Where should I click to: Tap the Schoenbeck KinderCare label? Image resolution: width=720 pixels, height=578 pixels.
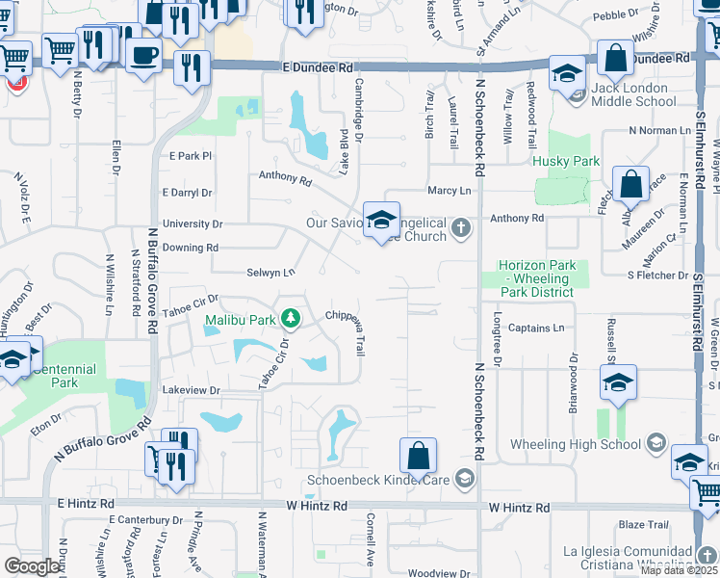click(x=378, y=479)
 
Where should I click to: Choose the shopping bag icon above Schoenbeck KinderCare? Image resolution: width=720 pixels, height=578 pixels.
click(x=418, y=456)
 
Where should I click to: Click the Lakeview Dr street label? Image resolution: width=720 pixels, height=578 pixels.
click(x=192, y=390)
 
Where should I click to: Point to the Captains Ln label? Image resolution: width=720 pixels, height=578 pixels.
click(x=543, y=328)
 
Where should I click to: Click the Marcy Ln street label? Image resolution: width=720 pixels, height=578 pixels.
click(x=449, y=191)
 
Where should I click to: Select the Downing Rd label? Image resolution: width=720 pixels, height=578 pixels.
click(x=190, y=248)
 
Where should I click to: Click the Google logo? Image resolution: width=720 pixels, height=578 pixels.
click(x=31, y=566)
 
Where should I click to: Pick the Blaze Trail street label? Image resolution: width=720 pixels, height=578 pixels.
click(x=643, y=525)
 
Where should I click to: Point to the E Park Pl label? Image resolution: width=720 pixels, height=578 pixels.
click(x=189, y=155)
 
